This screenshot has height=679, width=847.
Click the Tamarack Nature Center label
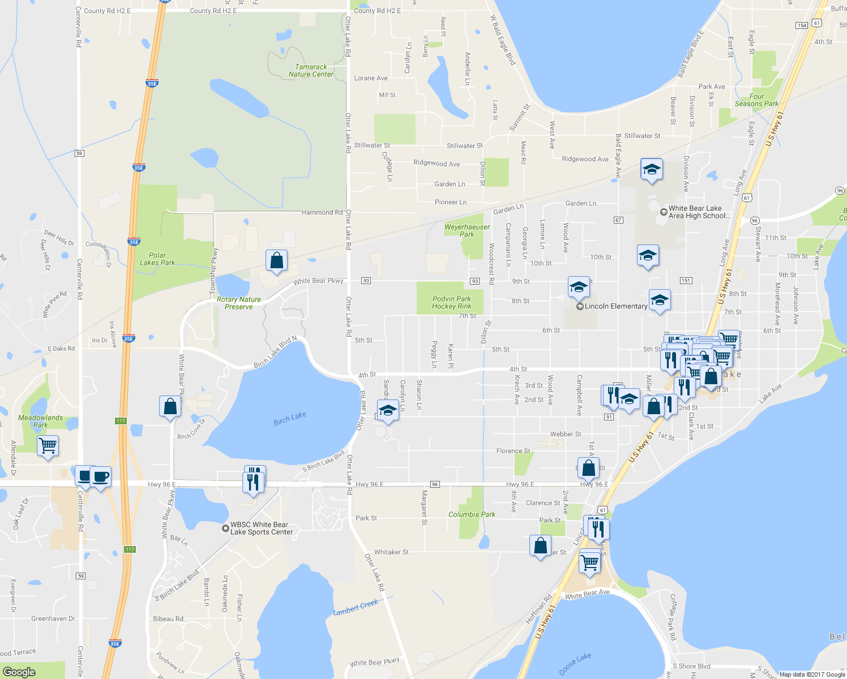coord(311,71)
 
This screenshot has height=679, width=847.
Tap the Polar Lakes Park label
coord(157,259)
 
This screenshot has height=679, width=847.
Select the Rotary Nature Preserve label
coord(239,303)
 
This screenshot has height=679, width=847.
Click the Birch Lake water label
coord(290,418)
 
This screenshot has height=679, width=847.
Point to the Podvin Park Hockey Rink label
coord(452,303)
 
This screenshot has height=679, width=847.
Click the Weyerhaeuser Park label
coord(467,230)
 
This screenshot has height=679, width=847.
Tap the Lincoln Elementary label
coord(615,306)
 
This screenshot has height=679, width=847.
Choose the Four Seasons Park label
coord(756,100)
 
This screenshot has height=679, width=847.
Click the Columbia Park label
coord(472,514)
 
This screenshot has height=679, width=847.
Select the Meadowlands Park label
coord(41,421)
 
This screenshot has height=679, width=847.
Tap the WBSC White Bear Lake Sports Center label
coord(261,528)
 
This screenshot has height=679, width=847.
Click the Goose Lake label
coord(575,664)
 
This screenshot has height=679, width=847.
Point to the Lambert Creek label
coord(356,608)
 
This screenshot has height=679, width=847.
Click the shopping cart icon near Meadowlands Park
coord(48,445)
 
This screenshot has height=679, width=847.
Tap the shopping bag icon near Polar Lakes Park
coord(276,261)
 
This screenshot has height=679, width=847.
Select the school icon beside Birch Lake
coord(388,411)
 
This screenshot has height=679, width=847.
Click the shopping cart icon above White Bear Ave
coord(590,562)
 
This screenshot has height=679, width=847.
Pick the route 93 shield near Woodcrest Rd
coord(474,281)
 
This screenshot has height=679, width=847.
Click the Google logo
coord(19,672)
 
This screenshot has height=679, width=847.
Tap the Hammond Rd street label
coord(322,213)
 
